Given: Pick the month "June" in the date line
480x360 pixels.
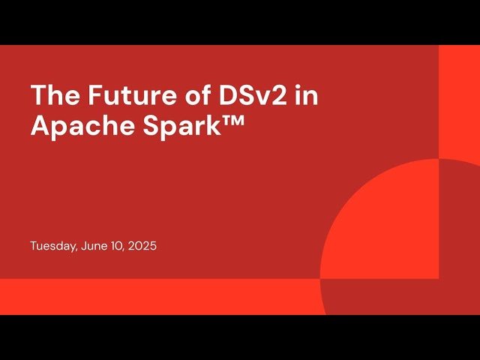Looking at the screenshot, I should tap(91, 246).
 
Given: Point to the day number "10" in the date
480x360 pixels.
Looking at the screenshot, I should tap(114, 246).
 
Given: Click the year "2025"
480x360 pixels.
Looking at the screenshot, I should tap(142, 246).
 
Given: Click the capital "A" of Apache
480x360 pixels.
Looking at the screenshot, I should tap(40, 125).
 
